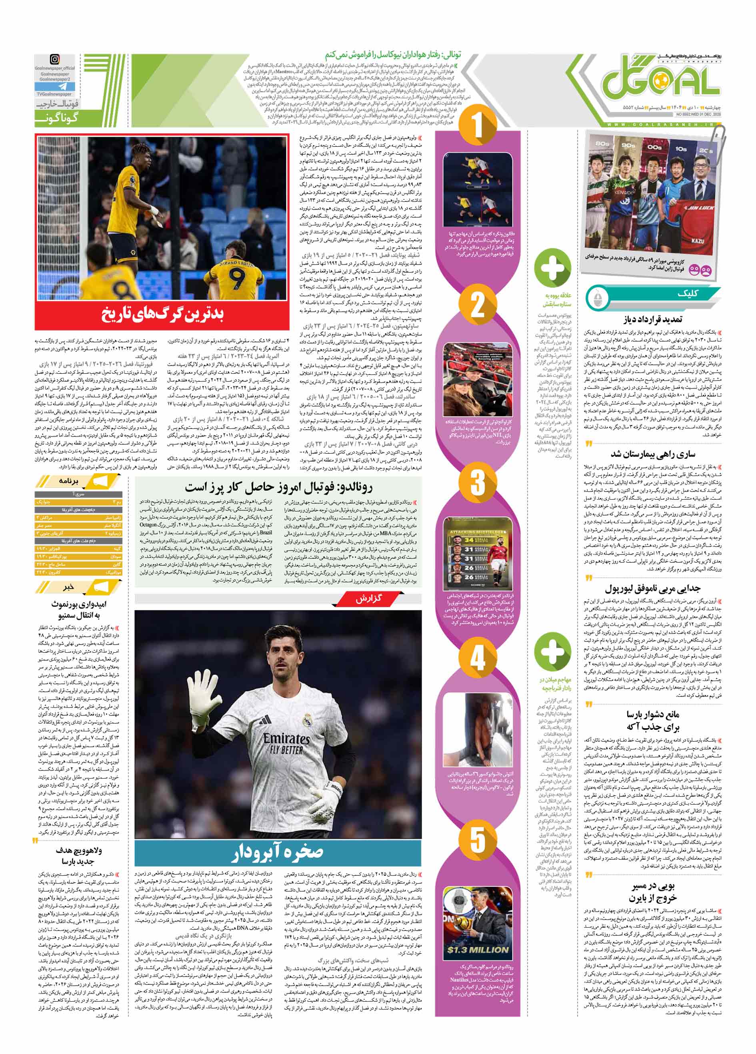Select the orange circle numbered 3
tap(478, 482)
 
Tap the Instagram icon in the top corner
tap(55, 60)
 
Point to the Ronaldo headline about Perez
tap(278, 487)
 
